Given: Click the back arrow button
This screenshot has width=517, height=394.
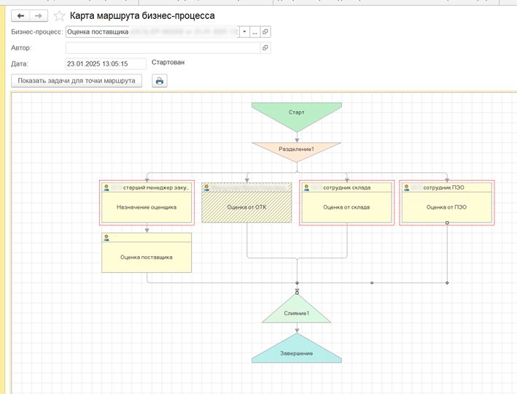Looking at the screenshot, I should [21, 15].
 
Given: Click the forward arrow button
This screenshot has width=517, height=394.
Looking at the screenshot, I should [39, 15].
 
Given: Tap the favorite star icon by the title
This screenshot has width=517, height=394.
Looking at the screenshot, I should [59, 16].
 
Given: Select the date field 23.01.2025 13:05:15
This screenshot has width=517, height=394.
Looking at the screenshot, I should [106, 63].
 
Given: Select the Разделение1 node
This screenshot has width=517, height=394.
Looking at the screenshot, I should [296, 150].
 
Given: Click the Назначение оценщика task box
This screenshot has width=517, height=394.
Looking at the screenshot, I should [147, 207].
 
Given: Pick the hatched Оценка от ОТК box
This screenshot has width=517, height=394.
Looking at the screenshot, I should [246, 207].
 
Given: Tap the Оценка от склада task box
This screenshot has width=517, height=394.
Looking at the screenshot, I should [346, 207].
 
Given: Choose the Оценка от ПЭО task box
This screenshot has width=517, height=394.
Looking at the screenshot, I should [446, 207].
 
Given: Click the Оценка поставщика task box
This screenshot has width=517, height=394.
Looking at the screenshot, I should [147, 257].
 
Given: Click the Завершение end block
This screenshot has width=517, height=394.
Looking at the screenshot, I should [297, 352].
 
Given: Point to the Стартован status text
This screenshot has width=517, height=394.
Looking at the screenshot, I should [168, 63].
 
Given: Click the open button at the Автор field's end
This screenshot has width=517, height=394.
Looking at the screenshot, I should [265, 48].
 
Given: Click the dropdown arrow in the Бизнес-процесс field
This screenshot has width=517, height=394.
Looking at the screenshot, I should [244, 32].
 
